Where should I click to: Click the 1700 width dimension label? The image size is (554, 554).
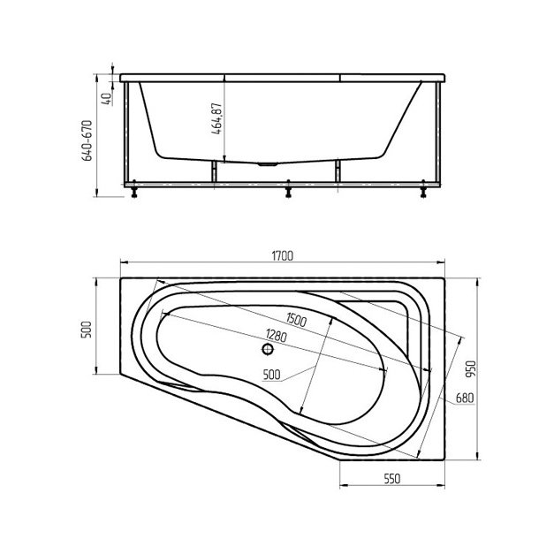(x=282, y=255)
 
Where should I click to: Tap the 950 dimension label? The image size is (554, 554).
(x=471, y=369)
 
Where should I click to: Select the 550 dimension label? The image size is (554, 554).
(x=391, y=479)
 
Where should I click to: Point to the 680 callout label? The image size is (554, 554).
(x=465, y=398)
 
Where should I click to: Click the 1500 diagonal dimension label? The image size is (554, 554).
(x=296, y=320)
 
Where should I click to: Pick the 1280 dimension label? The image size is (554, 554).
(x=276, y=335)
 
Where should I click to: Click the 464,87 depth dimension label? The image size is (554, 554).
(x=216, y=118)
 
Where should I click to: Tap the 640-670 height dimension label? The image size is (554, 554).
(x=87, y=140)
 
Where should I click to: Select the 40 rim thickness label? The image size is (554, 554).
(x=106, y=99)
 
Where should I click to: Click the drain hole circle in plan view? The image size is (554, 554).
(x=268, y=349)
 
